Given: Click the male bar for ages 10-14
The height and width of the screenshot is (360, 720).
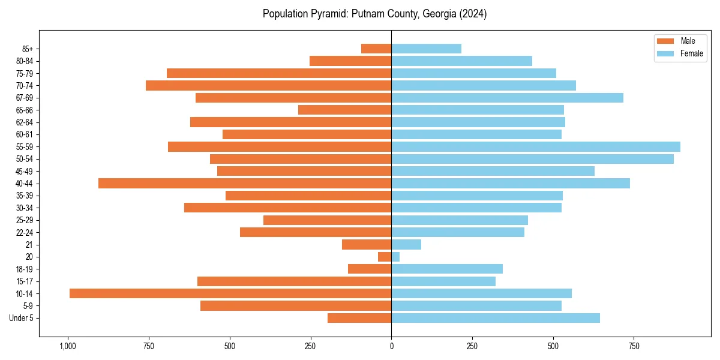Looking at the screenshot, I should (x=230, y=293).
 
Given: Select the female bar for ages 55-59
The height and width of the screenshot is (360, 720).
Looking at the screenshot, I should (x=536, y=147).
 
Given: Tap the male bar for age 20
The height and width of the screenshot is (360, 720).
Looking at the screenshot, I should (x=385, y=257).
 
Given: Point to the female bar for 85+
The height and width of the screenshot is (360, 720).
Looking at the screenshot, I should (x=426, y=49).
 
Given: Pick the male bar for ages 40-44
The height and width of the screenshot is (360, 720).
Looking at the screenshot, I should (x=245, y=183).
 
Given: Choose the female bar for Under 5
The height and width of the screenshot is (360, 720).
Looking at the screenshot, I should (x=496, y=318).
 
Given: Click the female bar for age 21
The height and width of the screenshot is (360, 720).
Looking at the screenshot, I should (x=406, y=245).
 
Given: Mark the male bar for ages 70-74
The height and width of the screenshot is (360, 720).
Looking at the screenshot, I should (x=269, y=86).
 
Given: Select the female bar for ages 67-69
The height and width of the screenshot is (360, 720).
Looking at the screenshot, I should (x=507, y=98).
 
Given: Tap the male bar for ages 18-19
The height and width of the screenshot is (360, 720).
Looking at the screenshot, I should (x=370, y=269).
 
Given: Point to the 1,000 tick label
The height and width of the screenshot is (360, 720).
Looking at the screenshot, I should (x=67, y=346).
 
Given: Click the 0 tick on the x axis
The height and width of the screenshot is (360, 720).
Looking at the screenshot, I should (x=391, y=346).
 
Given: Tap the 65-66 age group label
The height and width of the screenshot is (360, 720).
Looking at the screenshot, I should (x=25, y=110).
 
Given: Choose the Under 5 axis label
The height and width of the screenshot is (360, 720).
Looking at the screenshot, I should (x=21, y=318).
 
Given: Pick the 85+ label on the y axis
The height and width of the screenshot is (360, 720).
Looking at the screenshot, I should (x=28, y=49).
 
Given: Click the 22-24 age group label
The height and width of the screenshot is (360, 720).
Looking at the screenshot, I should (x=25, y=233).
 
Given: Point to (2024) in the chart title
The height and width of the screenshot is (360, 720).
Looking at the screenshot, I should (x=473, y=14).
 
